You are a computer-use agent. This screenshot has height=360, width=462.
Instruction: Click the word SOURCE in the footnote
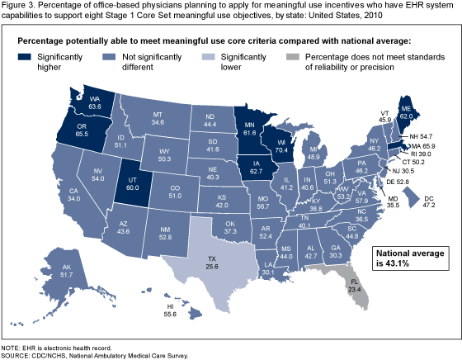tap(18, 353)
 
